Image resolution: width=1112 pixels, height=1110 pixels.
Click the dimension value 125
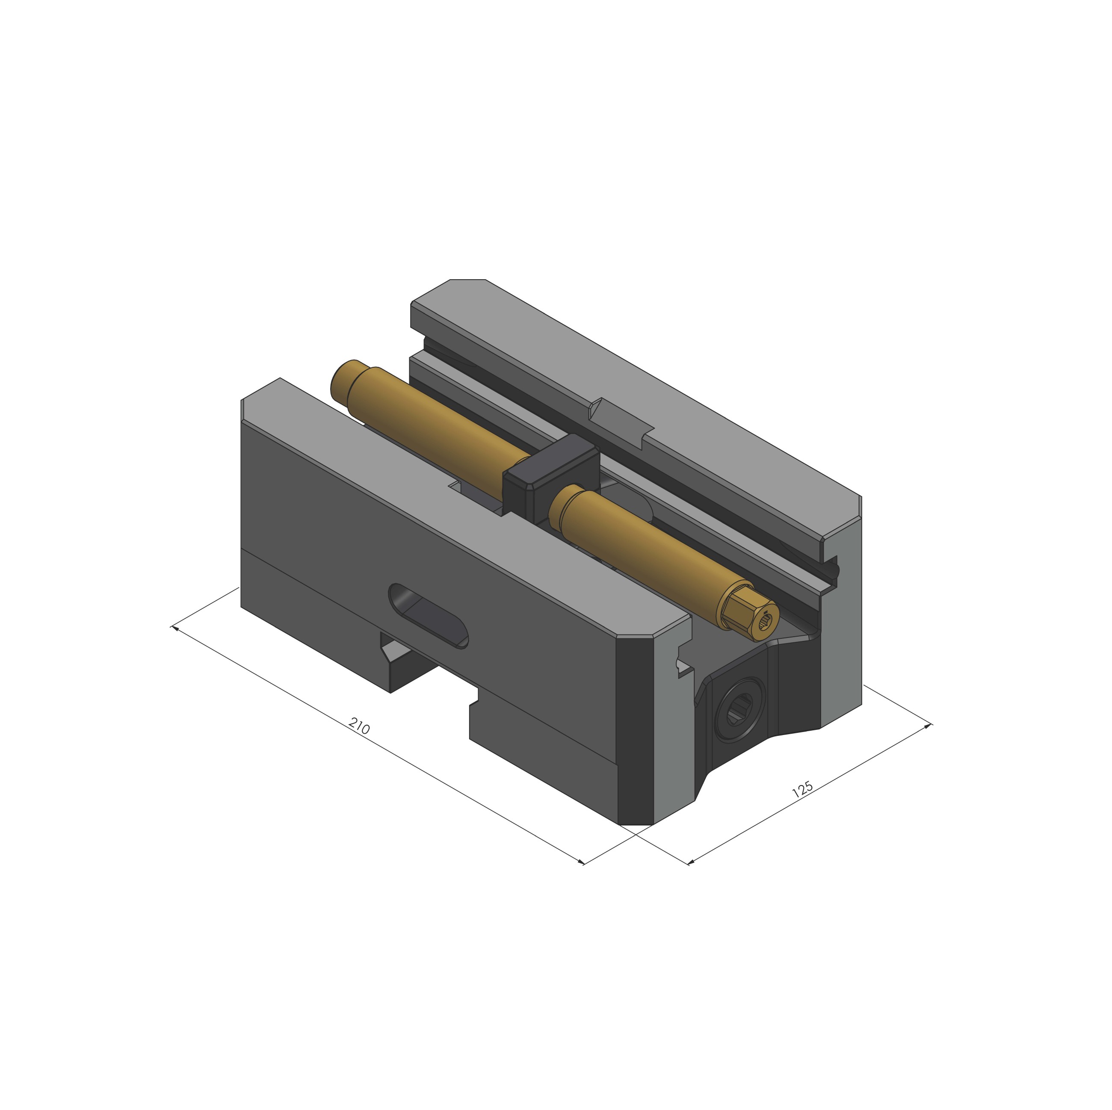point(802,789)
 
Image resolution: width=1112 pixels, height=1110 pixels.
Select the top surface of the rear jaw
point(662,397)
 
